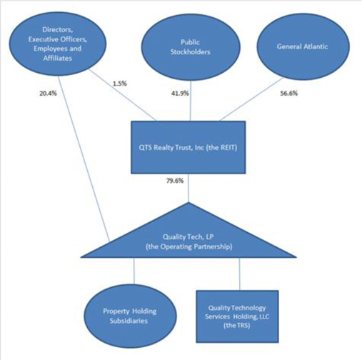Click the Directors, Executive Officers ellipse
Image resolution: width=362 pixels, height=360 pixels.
click(58, 44)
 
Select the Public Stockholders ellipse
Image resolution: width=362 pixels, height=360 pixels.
click(191, 47)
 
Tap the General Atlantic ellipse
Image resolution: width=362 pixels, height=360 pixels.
click(303, 46)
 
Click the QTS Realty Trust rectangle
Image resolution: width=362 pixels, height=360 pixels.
click(188, 147)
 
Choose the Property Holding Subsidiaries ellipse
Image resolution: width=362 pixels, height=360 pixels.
click(130, 316)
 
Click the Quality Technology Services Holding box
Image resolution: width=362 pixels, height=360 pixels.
click(237, 316)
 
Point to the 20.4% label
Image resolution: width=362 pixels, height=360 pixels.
click(48, 94)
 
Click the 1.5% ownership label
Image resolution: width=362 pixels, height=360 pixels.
click(120, 84)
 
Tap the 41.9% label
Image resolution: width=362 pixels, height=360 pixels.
click(180, 94)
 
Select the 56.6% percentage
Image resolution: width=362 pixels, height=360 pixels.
click(288, 94)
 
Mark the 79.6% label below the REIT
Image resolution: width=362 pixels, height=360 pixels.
click(175, 181)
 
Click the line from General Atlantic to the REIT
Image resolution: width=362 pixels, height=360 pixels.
click(251, 99)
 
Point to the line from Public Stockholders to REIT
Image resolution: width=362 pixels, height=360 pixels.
click(191, 101)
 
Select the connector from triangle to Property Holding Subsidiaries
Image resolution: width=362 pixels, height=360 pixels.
click(134, 271)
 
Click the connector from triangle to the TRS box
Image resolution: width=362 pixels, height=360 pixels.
click(239, 274)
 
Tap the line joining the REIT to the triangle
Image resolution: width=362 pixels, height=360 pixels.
click(189, 188)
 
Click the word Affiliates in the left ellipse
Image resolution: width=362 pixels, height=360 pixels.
click(58, 58)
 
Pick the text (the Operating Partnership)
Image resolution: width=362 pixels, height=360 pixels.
click(189, 246)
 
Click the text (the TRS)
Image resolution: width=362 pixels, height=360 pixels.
click(237, 326)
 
